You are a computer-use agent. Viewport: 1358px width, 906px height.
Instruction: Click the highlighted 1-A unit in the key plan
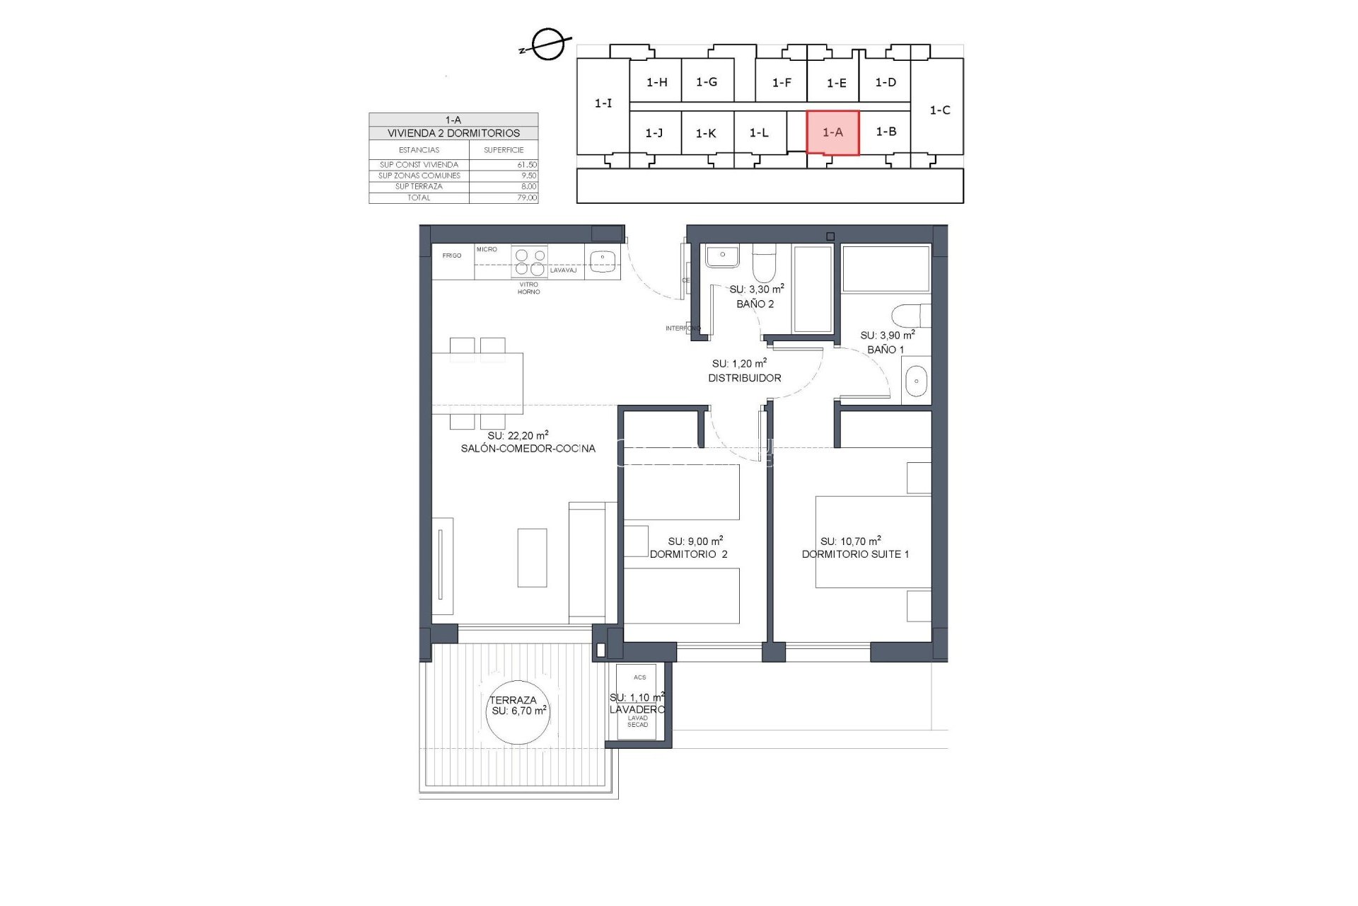832,132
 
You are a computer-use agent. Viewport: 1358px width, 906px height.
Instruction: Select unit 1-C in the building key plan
939,110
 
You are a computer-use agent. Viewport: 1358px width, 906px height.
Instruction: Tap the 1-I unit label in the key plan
603,103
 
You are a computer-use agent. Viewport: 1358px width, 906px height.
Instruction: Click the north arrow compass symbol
547,45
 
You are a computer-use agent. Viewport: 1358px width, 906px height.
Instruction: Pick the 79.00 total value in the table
527,197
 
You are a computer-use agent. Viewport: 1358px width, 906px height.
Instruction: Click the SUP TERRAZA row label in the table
419,186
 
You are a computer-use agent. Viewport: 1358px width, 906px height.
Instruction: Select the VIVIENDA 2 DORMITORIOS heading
453,133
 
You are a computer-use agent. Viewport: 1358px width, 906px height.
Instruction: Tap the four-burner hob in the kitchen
530,261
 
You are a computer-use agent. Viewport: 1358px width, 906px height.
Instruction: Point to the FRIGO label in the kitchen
452,256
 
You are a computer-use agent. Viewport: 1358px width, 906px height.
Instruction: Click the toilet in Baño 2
763,264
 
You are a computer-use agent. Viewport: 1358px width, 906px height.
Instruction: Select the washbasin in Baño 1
916,382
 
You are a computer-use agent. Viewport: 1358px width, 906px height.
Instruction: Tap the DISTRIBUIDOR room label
745,378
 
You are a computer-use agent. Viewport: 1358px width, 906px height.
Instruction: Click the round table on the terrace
518,711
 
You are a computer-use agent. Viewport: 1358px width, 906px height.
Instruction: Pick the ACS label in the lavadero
639,677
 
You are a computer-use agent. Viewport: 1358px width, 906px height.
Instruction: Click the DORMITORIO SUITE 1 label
855,554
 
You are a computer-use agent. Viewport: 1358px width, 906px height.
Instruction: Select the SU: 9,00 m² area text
695,541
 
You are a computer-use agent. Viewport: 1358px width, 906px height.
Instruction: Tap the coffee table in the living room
532,558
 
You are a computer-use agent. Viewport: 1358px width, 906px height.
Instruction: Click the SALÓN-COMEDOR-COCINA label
528,448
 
